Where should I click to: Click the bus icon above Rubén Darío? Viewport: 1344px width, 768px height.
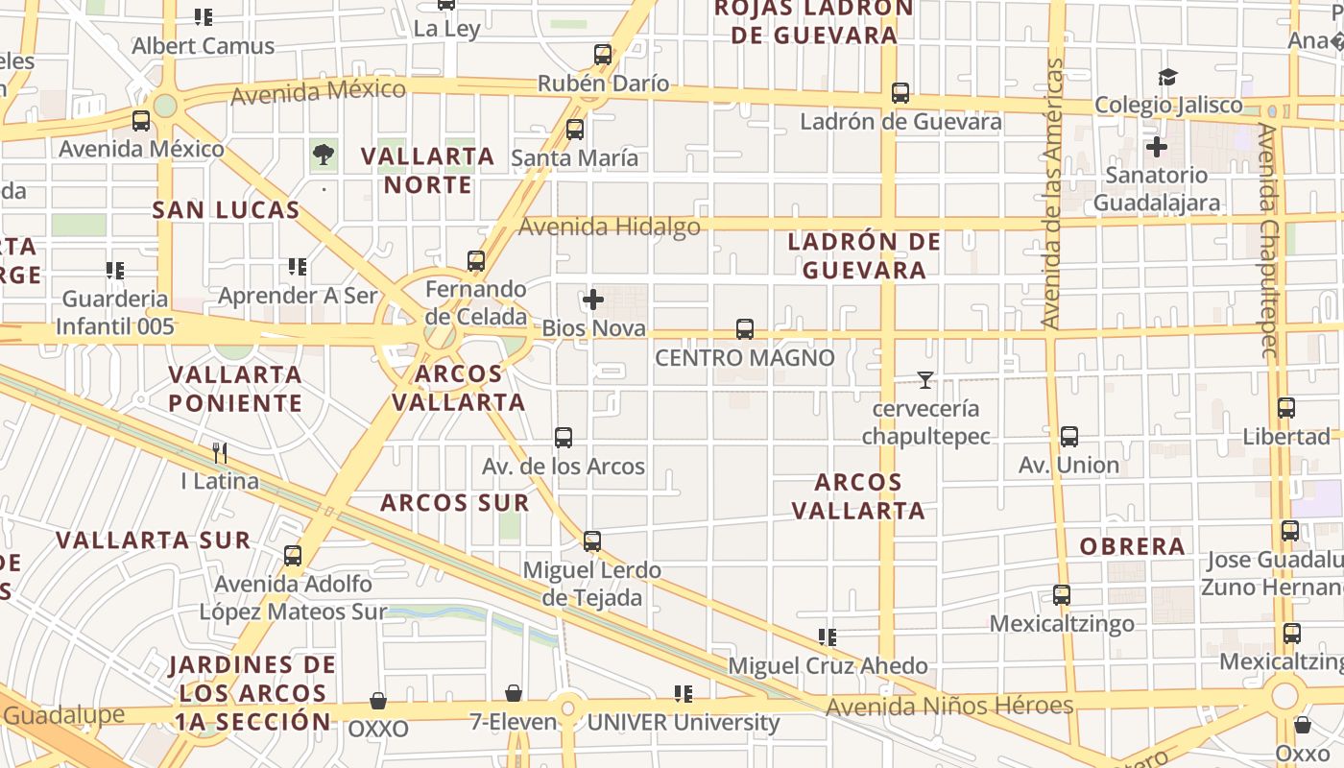(603, 54)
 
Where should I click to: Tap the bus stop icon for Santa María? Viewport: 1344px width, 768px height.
(575, 129)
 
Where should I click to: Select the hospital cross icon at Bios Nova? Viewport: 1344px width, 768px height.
(593, 300)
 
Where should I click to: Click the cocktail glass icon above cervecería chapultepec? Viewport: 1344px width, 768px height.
(924, 380)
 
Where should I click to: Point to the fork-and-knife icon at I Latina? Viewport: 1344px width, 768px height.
(220, 452)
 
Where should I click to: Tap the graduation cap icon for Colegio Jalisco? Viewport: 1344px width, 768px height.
(1167, 77)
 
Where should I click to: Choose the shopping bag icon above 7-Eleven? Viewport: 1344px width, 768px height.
(514, 693)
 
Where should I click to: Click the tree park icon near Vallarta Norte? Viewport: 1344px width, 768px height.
(324, 154)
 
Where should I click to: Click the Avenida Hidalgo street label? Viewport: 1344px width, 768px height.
(610, 227)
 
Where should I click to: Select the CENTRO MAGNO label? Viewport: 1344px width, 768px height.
(744, 358)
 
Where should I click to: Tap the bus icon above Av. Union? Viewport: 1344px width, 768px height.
(1069, 437)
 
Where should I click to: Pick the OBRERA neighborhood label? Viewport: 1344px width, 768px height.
(1133, 546)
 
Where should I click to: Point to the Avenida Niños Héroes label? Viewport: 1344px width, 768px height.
(948, 707)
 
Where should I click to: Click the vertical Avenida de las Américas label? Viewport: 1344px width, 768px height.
(1053, 192)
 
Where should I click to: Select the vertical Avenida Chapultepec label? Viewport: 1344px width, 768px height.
(1269, 240)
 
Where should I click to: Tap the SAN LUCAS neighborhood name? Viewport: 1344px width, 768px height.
(227, 209)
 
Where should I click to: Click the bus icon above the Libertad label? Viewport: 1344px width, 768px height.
(1286, 408)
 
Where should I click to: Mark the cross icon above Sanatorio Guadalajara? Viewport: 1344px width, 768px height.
(1157, 147)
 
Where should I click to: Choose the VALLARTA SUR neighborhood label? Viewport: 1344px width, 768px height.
(154, 540)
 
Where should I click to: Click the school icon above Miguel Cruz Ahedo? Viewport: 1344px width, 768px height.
(828, 636)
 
